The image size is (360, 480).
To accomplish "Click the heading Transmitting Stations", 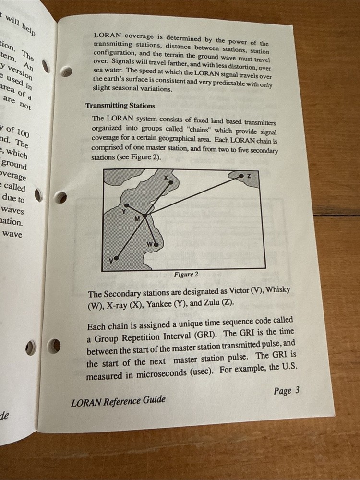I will click(x=120, y=106).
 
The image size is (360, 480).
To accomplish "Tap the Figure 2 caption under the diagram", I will click(x=186, y=275).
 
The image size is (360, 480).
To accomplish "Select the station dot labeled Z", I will click(x=241, y=177).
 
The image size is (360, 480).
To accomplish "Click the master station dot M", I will click(x=144, y=216).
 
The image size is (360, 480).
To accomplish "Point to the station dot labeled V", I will click(x=116, y=258).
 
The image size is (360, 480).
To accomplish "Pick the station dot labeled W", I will click(x=156, y=244).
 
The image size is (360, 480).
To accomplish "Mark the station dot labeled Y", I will click(x=127, y=204).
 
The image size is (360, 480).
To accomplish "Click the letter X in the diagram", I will click(x=166, y=178).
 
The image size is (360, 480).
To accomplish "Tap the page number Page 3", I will click(x=287, y=391).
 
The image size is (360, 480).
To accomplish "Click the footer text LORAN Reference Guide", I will click(x=118, y=400).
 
